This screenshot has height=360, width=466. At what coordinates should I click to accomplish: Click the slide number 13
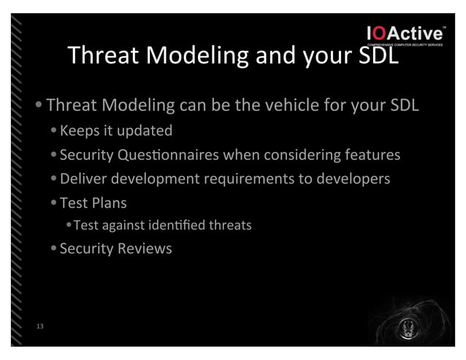[x=39, y=326]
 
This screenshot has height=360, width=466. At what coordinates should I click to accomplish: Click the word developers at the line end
[x=351, y=178]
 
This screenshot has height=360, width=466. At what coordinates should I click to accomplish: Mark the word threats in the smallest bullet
[x=231, y=225]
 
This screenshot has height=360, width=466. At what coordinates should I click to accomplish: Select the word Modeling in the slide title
[x=193, y=55]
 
